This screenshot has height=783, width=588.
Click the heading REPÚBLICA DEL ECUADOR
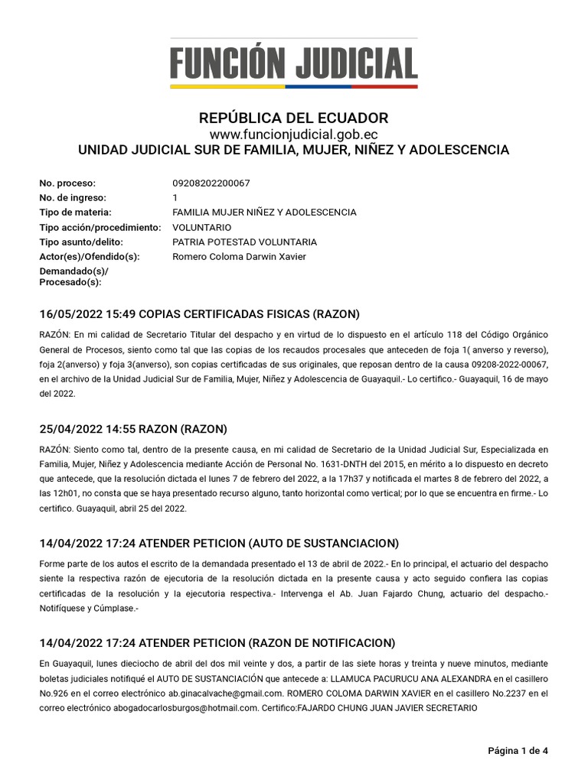pyautogui.click(x=293, y=119)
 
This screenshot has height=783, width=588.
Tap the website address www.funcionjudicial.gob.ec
pyautogui.click(x=293, y=135)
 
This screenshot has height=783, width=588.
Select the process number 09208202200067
pyautogui.click(x=211, y=184)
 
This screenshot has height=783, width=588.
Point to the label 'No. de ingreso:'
pyautogui.click(x=70, y=198)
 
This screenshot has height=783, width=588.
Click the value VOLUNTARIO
pyautogui.click(x=202, y=228)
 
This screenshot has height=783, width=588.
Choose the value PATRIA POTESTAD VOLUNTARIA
pyautogui.click(x=244, y=242)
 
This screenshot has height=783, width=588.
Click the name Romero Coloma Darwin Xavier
pyautogui.click(x=239, y=257)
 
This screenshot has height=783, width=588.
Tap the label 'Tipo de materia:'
pyautogui.click(x=75, y=213)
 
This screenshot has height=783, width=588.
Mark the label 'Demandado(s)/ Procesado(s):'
pyautogui.click(x=73, y=277)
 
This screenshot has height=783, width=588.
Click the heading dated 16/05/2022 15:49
pyautogui.click(x=199, y=314)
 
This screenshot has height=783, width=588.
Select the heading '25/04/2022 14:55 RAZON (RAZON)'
pyautogui.click(x=133, y=428)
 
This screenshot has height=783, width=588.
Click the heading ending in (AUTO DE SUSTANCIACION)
pyautogui.click(x=219, y=544)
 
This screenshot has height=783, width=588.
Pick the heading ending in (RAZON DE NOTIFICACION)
pyautogui.click(x=217, y=642)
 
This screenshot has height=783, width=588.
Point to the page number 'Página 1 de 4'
pyautogui.click(x=518, y=751)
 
